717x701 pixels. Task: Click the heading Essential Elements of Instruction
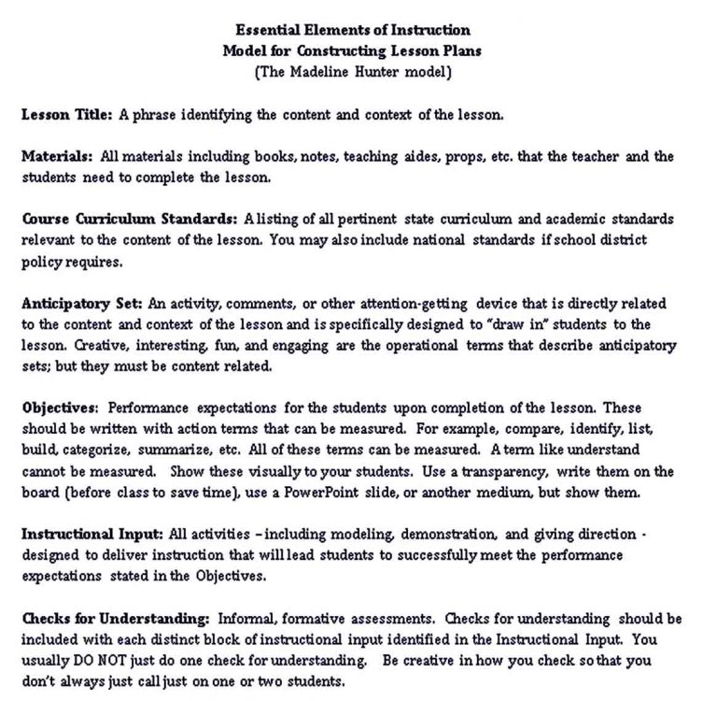tap(353, 30)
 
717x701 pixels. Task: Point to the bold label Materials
tap(56, 157)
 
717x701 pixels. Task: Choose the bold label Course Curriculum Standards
tap(129, 220)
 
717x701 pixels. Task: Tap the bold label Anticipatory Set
tap(80, 304)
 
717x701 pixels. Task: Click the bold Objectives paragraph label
tap(60, 408)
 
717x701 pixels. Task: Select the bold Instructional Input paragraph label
tap(92, 535)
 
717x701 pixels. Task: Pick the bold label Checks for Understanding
tap(115, 619)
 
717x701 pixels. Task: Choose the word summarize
tap(154, 451)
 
